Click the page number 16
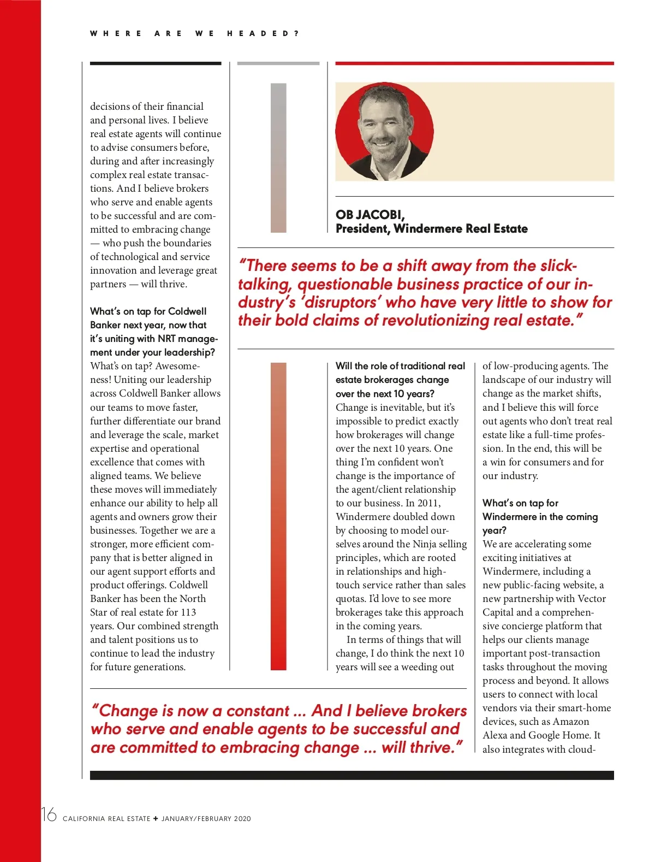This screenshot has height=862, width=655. (x=49, y=815)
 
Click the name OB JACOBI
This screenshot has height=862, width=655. (x=370, y=215)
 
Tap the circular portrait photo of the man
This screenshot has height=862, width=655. (x=384, y=132)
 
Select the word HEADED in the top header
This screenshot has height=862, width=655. (x=259, y=33)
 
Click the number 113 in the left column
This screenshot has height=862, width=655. (x=188, y=612)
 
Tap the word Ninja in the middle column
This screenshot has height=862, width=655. (x=424, y=544)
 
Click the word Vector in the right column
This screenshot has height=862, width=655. (x=592, y=599)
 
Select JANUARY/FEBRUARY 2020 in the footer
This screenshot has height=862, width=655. (x=206, y=819)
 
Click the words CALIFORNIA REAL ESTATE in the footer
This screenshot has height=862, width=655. (x=106, y=819)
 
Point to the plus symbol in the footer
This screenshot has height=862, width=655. (x=156, y=818)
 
